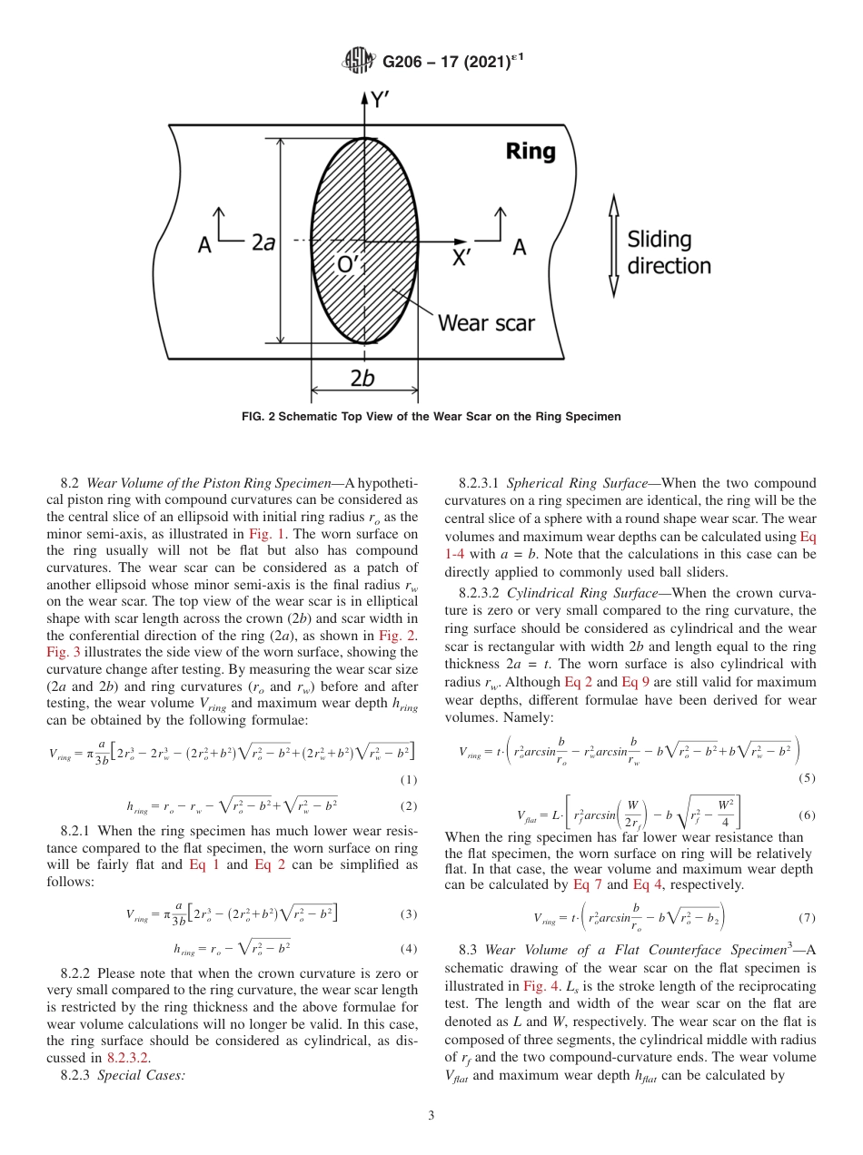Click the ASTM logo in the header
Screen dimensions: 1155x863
click(358, 61)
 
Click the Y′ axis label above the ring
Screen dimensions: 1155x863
click(381, 100)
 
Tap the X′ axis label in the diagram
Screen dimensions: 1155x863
click(462, 258)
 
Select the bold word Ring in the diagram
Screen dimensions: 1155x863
click(531, 151)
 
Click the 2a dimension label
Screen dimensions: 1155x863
click(263, 242)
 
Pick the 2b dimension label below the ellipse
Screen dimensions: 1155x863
click(362, 379)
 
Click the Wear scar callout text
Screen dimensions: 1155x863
click(486, 322)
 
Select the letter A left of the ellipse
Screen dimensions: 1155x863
click(205, 246)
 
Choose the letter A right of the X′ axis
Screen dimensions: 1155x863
click(519, 246)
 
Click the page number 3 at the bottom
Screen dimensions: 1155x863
click(431, 1116)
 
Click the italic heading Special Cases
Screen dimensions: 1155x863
click(140, 1075)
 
